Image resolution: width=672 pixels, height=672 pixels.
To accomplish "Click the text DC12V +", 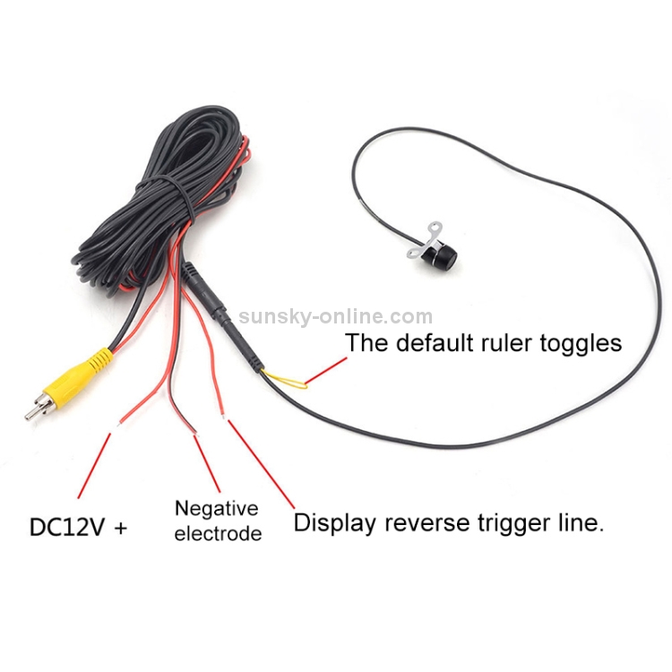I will click(79, 527).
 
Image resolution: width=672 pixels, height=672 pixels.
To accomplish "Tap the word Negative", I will click(216, 509).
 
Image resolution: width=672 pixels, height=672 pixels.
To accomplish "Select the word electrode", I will click(218, 534).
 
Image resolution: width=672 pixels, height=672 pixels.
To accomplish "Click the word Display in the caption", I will click(338, 522).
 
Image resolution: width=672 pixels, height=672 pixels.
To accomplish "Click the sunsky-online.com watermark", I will click(335, 316).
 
